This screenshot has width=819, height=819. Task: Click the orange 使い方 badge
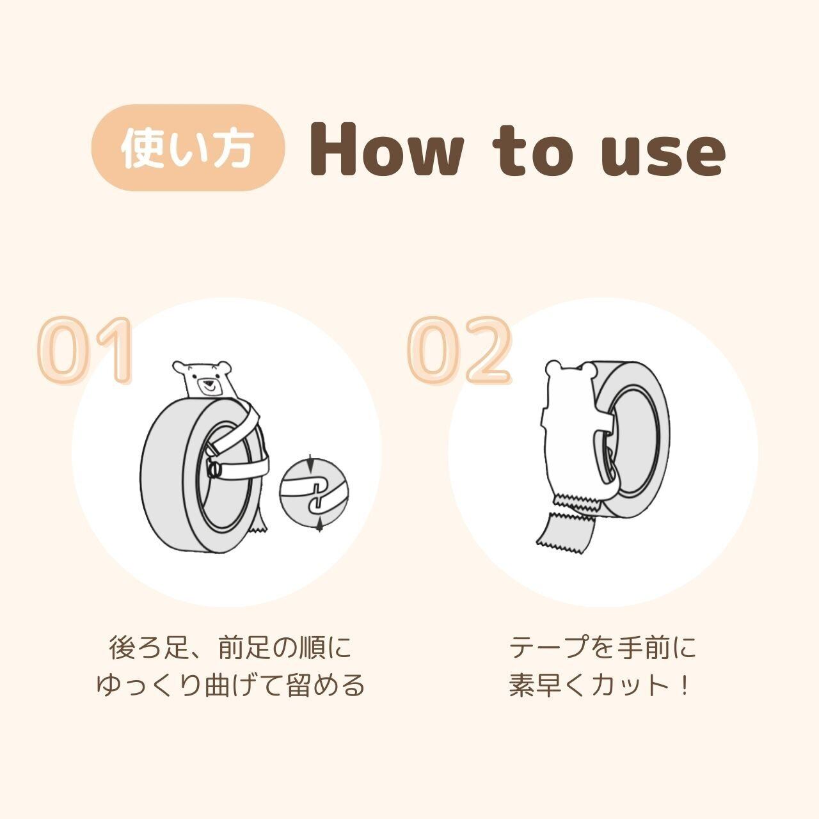(188, 147)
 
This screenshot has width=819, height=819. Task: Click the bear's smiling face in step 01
(208, 385)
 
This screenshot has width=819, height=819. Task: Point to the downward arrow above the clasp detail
(310, 463)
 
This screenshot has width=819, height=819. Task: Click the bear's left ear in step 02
(553, 368)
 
